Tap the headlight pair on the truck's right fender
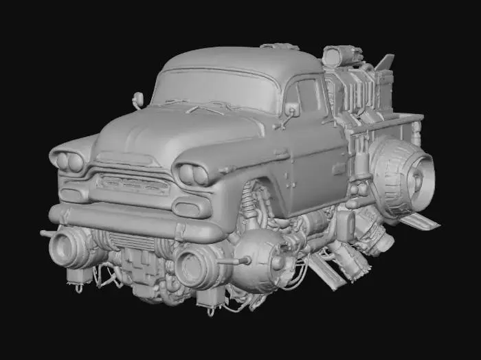(x=69, y=162)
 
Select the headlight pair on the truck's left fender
(x=193, y=175)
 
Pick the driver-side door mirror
(x=292, y=110)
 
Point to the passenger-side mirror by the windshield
(x=138, y=100)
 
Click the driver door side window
(x=308, y=98)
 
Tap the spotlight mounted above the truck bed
(x=337, y=56)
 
